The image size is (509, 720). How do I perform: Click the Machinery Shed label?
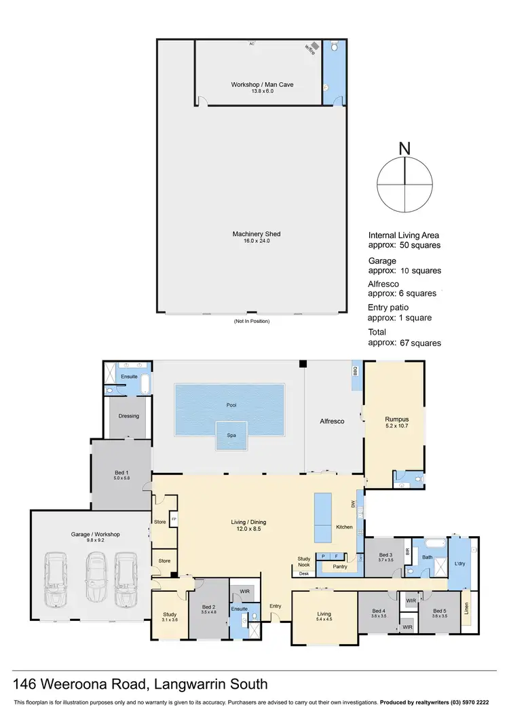pyautogui.click(x=256, y=234)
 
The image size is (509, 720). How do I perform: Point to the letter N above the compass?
pyautogui.click(x=404, y=149)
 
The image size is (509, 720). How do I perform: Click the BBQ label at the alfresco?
pyautogui.click(x=355, y=372)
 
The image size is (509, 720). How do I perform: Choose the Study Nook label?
pyautogui.click(x=304, y=561)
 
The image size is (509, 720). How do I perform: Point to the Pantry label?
pyautogui.click(x=340, y=566)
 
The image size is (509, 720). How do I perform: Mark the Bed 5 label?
pyautogui.click(x=439, y=611)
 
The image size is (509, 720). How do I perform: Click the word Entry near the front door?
pyautogui.click(x=275, y=606)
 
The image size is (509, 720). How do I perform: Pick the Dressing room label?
pyautogui.click(x=128, y=416)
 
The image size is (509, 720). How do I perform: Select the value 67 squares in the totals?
pyautogui.click(x=421, y=343)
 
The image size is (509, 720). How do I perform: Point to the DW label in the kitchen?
pyautogui.click(x=353, y=504)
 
